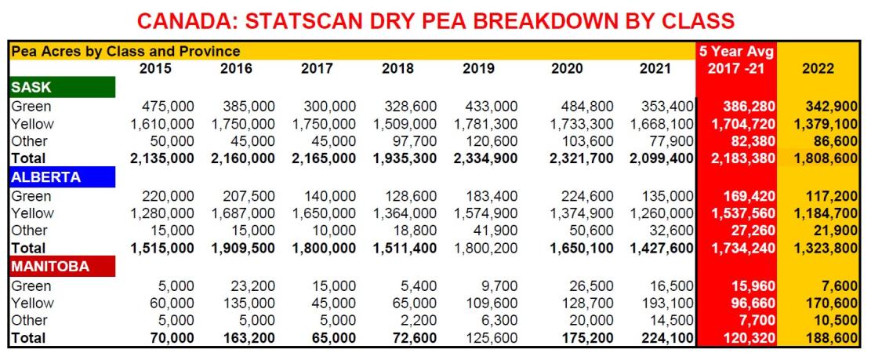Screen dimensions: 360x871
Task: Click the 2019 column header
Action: pos(478,68)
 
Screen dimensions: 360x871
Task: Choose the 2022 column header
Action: pos(818,68)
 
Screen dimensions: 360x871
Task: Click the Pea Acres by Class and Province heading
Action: pos(125,52)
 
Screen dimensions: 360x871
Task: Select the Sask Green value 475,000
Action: pos(169,106)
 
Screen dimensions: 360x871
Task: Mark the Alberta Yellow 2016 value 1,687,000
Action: pos(243,213)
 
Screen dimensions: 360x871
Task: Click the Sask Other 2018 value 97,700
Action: pos(413,141)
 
